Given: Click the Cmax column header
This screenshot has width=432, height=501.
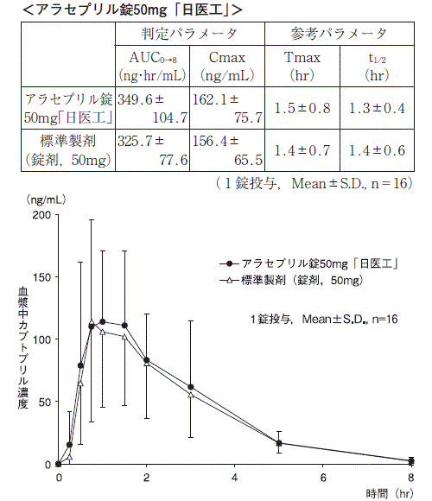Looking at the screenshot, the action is tap(227, 67).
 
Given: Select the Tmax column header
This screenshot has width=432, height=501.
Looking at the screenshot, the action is tap(302, 67).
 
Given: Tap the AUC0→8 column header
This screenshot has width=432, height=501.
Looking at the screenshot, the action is tap(152, 67).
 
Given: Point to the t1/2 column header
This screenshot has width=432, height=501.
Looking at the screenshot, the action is tap(377, 67).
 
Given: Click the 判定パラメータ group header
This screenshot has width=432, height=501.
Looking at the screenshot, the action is tap(189, 34).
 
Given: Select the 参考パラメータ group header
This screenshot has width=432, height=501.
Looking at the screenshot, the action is tap(339, 34).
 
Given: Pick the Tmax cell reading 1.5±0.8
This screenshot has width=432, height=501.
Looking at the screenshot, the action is tap(302, 108).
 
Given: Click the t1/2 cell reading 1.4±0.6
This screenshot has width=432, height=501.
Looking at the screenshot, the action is tap(377, 150).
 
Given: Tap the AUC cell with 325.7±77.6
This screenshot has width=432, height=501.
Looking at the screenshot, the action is tap(152, 150).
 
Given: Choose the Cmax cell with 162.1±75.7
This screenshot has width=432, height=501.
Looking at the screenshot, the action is tap(227, 108).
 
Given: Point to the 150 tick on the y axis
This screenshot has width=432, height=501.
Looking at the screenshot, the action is tap(41, 277).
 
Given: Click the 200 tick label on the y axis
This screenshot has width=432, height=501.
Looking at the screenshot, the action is tap(41, 215).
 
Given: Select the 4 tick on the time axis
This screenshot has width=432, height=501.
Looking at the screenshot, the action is tap(235, 478).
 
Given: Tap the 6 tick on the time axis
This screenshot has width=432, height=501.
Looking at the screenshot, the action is tap(323, 478).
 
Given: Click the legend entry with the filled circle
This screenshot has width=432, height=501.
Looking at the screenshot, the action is tap(308, 264).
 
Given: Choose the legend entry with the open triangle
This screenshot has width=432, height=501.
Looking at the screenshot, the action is tap(291, 281).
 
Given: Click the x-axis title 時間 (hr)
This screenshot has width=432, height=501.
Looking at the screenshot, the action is tap(390, 493).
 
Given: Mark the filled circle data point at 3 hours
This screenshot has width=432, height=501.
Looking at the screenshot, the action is tap(191, 387).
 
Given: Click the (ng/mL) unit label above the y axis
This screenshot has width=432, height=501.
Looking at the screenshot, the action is tap(46, 200).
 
